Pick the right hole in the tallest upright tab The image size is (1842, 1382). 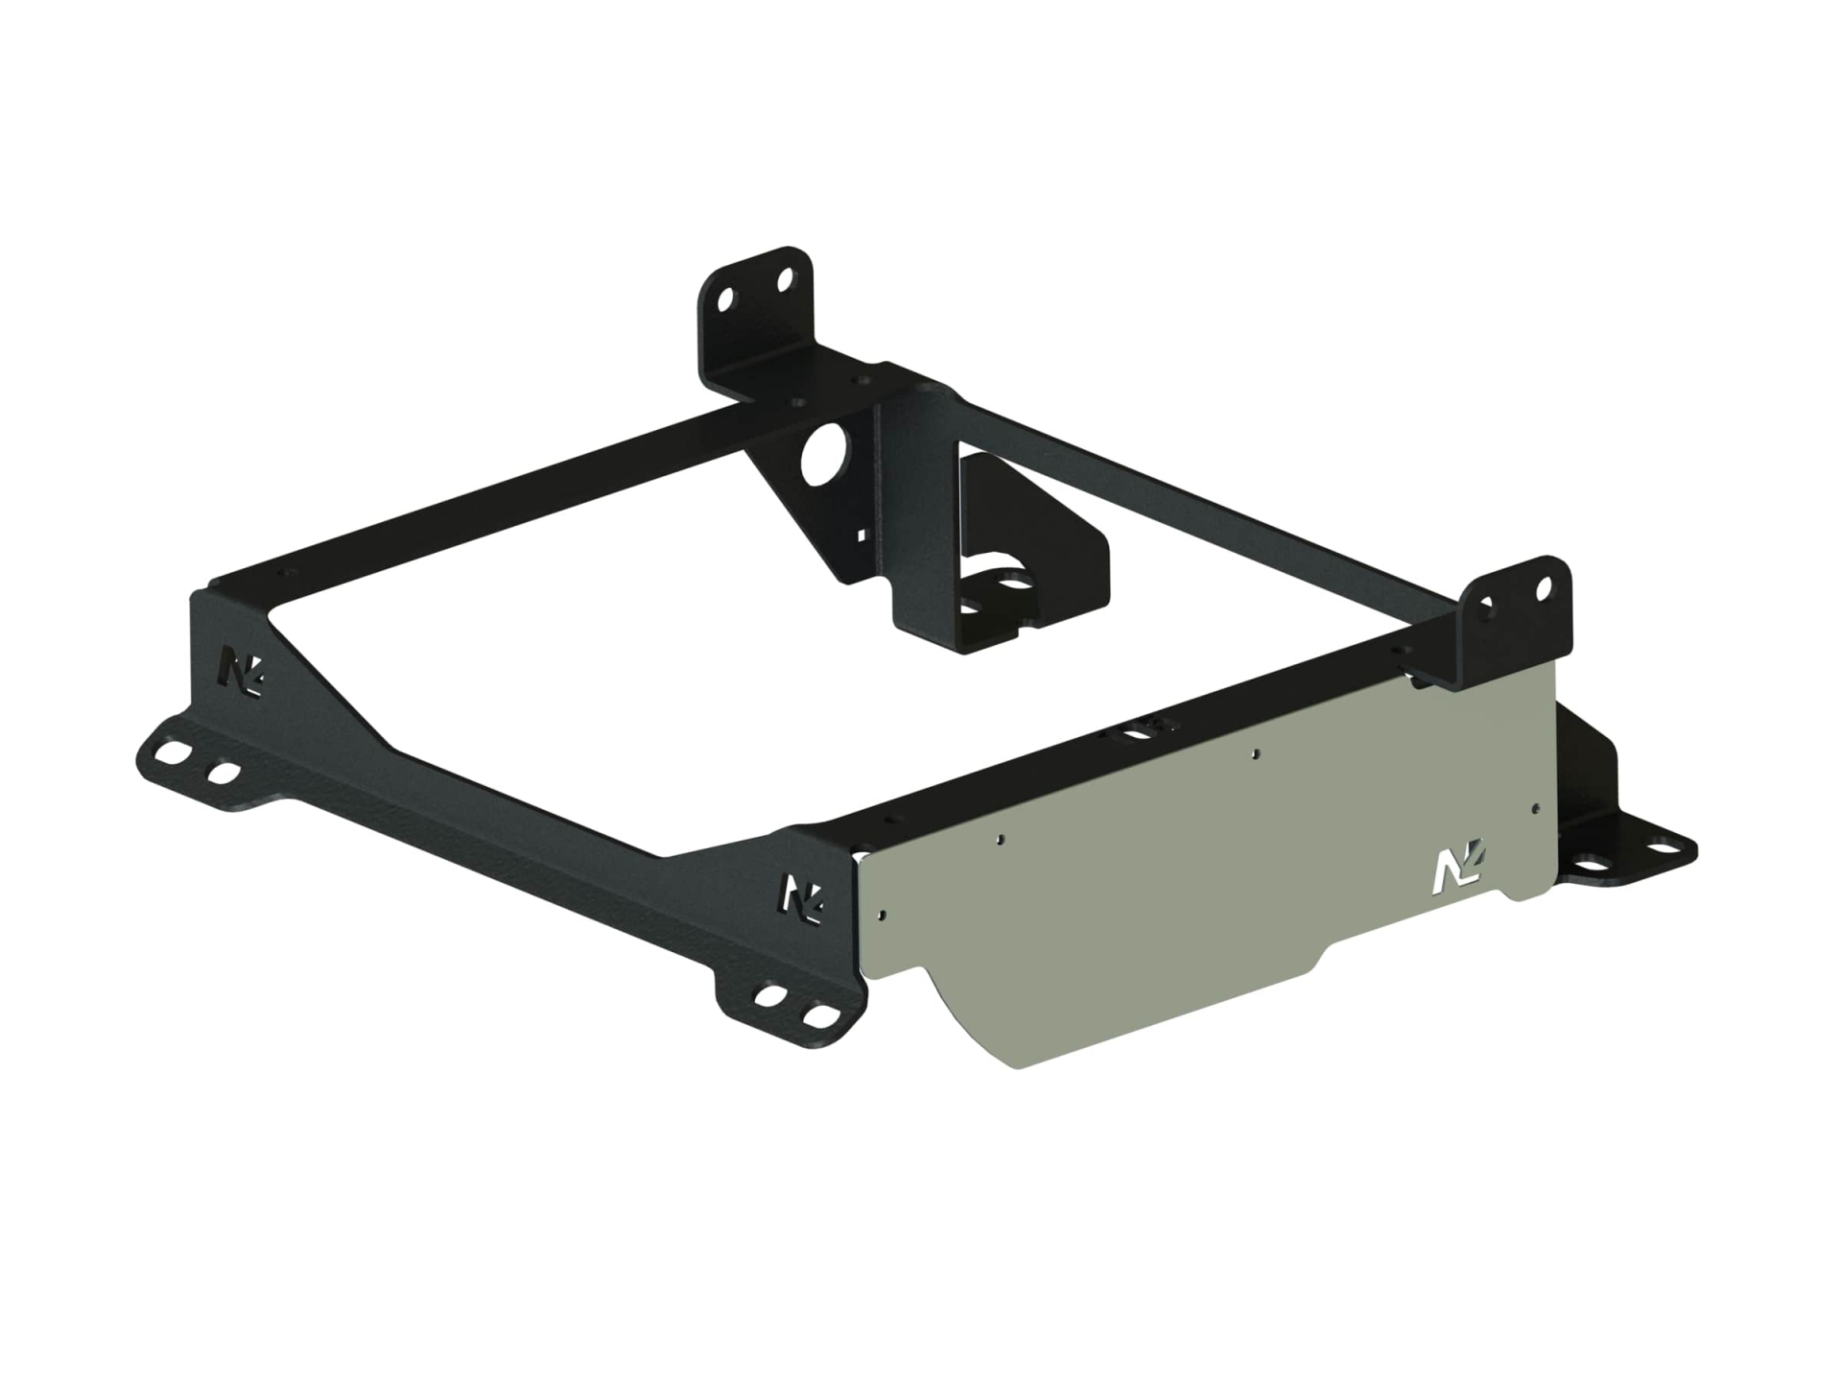(x=785, y=281)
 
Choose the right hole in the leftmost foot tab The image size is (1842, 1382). (x=224, y=773)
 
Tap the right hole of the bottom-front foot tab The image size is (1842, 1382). (x=818, y=1014)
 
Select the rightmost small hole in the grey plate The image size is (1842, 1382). (x=1536, y=808)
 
